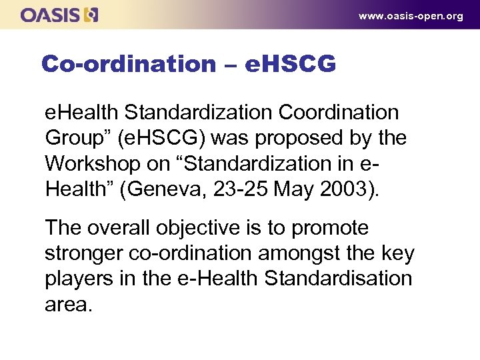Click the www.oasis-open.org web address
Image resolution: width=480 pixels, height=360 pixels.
tap(411, 16)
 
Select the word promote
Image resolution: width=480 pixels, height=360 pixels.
tap(331, 228)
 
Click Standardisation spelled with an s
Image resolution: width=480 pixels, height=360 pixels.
tap(339, 279)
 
